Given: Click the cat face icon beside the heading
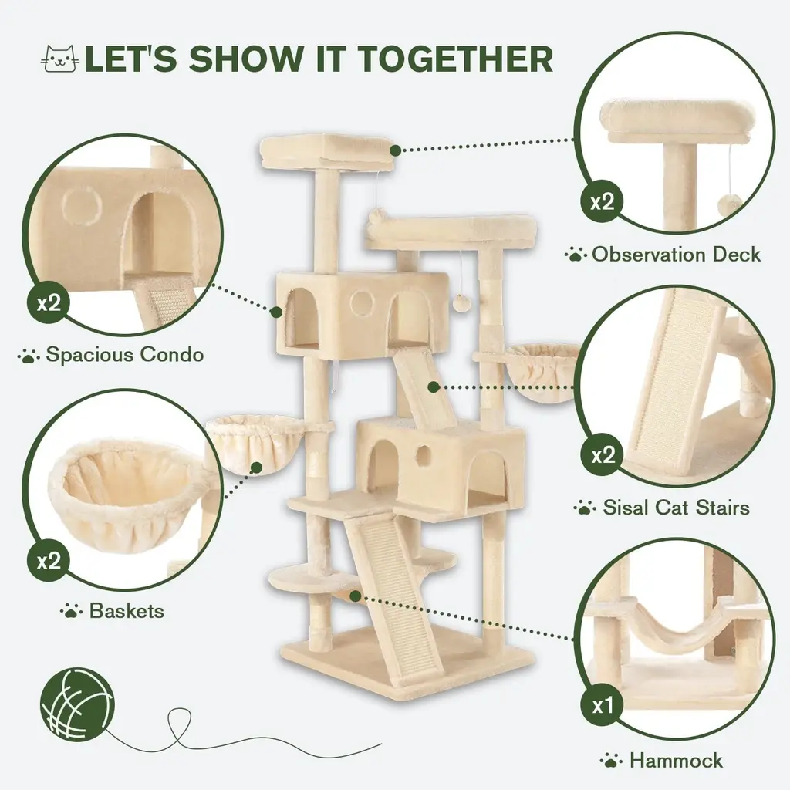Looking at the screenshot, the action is point(60,59).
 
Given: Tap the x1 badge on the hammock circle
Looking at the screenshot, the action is point(603,706).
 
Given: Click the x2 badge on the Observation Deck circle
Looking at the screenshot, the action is point(603,202).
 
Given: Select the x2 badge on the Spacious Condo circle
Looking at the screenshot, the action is point(49,302).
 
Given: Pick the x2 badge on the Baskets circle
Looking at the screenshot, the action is point(49,560).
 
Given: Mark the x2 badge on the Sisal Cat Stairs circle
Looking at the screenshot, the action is point(603,455).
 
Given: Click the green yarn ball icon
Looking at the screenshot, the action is point(78,704).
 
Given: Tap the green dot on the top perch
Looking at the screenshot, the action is point(396,150).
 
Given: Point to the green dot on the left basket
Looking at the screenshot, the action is point(256,468).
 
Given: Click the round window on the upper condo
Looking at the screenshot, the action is point(363,302).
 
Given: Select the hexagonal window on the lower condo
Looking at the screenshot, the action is point(424,455).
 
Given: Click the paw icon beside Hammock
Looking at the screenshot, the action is point(611,760).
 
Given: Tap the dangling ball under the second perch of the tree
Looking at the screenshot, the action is point(462,304).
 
